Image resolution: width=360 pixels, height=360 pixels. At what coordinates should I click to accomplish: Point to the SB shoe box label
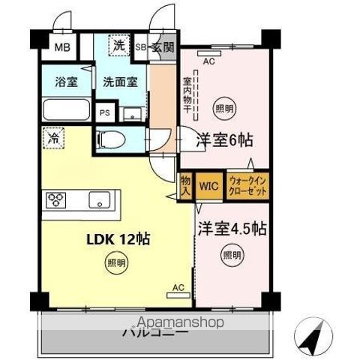pyautogui.click(x=140, y=48)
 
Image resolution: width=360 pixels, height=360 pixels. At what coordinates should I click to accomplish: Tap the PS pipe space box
pyautogui.click(x=105, y=113)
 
